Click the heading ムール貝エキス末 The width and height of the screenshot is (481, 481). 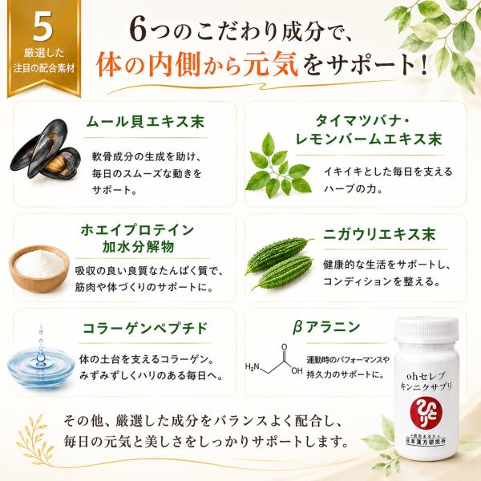145,122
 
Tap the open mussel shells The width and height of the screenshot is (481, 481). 46,149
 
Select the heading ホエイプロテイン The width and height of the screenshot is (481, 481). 137,230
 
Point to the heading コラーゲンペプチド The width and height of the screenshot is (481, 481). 145,328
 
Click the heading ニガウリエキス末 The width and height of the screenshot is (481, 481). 379,235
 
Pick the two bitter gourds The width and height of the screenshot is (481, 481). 279,263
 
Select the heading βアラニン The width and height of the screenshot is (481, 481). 325,327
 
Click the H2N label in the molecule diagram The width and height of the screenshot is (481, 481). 253,366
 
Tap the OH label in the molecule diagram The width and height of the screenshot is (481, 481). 297,371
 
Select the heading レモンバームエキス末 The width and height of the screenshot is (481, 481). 368,139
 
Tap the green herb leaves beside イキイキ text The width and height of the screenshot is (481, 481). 278,166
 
